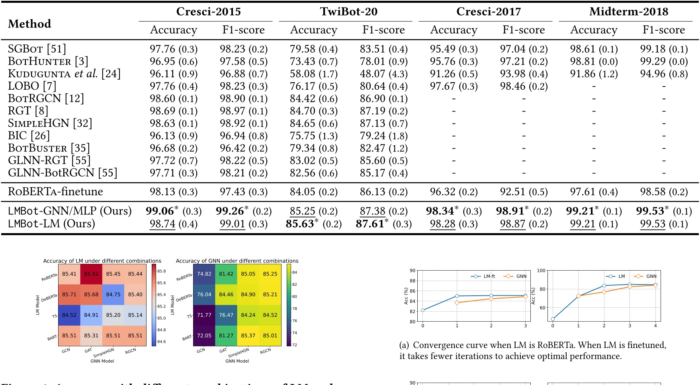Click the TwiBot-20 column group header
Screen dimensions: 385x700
coord(348,12)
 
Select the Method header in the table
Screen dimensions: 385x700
coord(29,24)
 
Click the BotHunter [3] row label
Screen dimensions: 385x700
coord(48,61)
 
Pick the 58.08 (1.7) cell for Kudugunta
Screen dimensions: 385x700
coord(313,74)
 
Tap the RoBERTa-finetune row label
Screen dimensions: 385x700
coord(55,192)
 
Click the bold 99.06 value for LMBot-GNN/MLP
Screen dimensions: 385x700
coord(160,211)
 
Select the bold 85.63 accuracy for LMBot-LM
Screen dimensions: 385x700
coord(300,224)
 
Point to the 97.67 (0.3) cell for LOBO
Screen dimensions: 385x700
coord(454,86)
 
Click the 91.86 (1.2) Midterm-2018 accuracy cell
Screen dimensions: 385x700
coord(594,74)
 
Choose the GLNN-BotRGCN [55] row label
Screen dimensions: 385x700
coord(63,173)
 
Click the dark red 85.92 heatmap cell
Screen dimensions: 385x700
coord(91,274)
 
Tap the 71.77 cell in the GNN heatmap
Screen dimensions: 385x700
coord(204,315)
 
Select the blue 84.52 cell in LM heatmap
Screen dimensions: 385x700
coord(69,315)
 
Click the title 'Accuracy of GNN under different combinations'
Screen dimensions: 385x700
coord(237,261)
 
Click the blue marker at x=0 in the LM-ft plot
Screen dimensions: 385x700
coord(423,310)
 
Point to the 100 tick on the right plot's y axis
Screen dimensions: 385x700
coord(541,271)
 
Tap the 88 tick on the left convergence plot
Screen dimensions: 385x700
coord(413,281)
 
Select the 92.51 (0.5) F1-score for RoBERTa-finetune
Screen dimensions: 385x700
coord(524,192)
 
